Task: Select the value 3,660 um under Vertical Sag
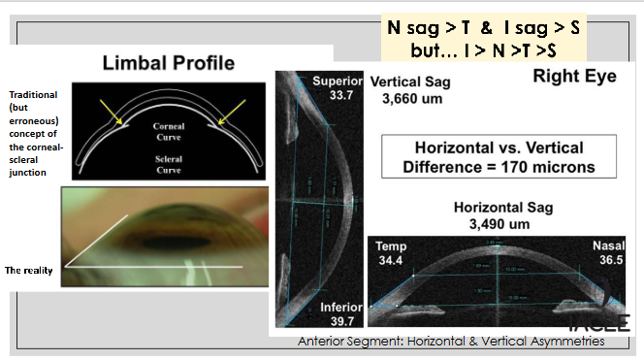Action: (x=407, y=100)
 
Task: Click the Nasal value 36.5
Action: (x=608, y=262)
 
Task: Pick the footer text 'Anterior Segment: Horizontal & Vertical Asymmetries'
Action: (x=451, y=341)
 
